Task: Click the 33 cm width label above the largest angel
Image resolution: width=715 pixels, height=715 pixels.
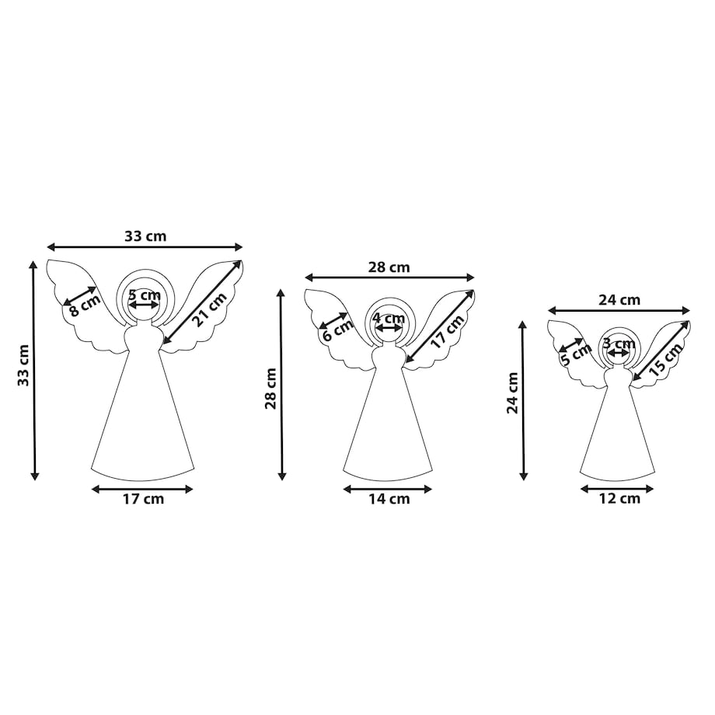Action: (145, 236)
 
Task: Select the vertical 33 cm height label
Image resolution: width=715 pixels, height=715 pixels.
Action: (24, 365)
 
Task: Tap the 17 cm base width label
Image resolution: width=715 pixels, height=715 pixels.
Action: (143, 499)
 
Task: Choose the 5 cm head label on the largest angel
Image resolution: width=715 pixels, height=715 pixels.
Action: (145, 295)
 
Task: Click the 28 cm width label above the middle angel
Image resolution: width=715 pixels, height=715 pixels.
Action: (389, 267)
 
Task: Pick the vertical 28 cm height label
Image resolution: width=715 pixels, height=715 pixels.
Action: (271, 389)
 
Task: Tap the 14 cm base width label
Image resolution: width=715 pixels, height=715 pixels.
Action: (389, 499)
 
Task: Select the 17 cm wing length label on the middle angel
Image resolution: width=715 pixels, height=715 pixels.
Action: (448, 332)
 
